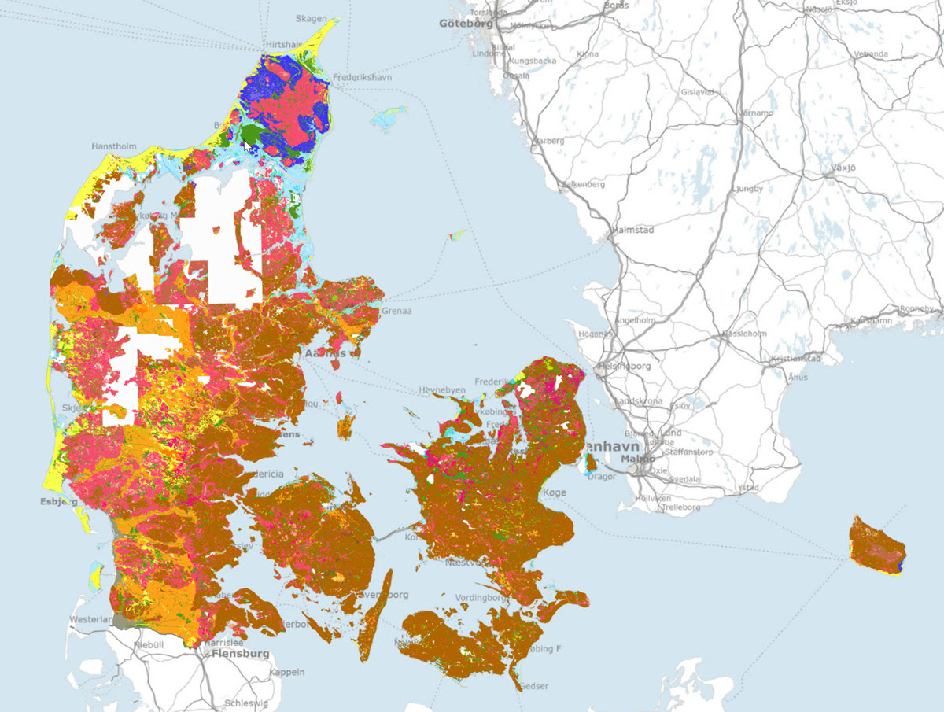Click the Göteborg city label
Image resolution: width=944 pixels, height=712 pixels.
click(x=465, y=24)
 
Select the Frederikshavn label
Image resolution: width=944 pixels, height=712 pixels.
click(x=363, y=78)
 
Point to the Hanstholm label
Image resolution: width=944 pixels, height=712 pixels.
click(x=114, y=146)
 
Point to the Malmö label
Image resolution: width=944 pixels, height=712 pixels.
click(x=637, y=459)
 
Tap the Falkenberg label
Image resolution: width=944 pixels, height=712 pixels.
click(x=582, y=184)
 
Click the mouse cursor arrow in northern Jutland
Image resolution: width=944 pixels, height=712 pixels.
click(x=247, y=142)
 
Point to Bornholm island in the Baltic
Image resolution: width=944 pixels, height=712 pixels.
click(x=876, y=545)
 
